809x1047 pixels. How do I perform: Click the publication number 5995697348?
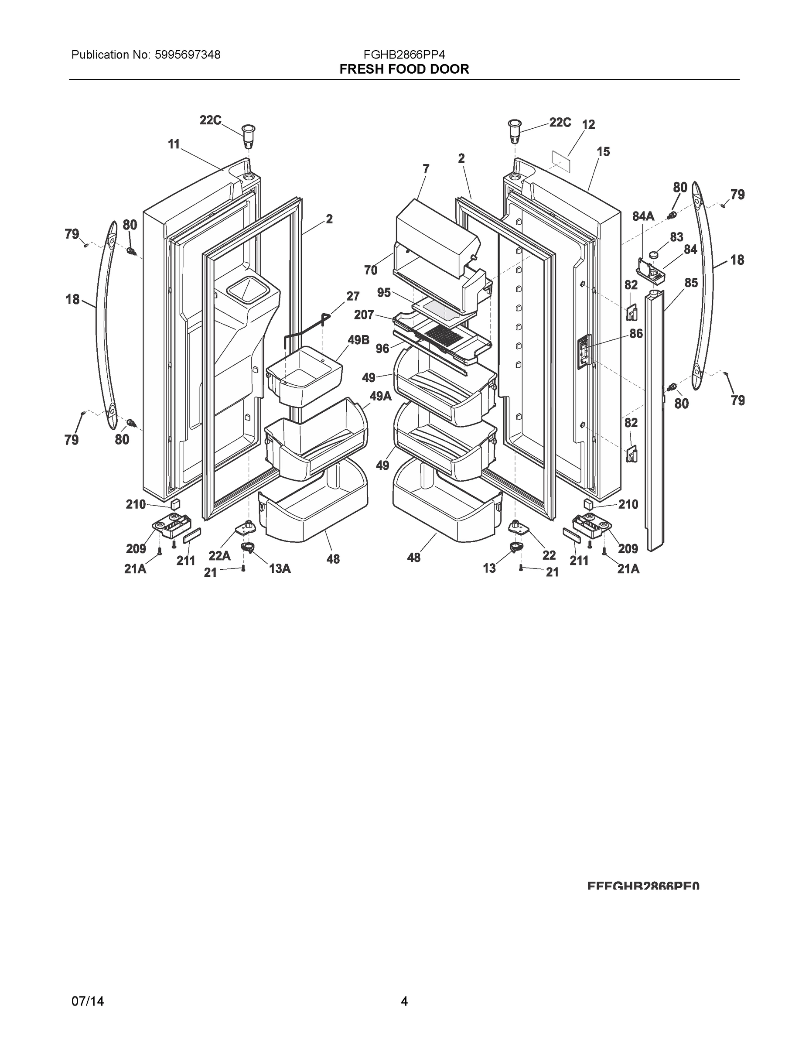[188, 55]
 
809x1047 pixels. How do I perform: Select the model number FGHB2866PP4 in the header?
[404, 55]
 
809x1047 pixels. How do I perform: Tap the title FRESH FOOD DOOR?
[404, 69]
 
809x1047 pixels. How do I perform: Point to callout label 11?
[174, 144]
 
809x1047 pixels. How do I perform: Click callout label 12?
[588, 125]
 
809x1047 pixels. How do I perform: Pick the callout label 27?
[353, 296]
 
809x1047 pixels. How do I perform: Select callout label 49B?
[358, 340]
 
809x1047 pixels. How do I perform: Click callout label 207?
[364, 315]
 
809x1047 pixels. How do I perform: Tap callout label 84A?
[643, 216]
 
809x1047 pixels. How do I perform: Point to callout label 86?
[636, 334]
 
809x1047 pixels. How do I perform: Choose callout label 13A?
[280, 568]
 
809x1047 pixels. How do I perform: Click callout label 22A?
[219, 556]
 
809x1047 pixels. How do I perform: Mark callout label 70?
[370, 270]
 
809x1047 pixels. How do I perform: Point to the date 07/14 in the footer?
[87, 1001]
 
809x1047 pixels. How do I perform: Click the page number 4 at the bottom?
[404, 1001]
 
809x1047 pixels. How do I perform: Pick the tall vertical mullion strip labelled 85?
[655, 422]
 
